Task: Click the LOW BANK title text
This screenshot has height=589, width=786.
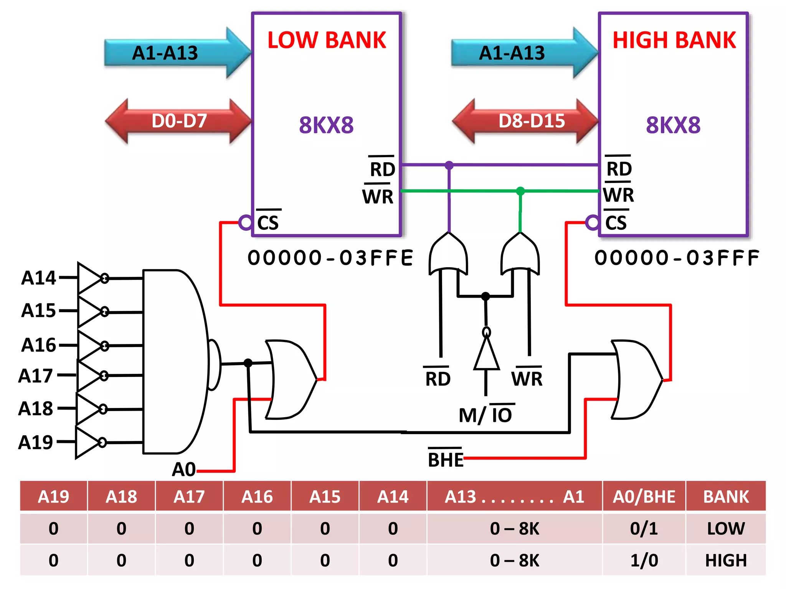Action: [326, 40]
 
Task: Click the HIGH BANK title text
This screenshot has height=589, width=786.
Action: [674, 40]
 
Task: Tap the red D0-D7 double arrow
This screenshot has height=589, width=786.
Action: [179, 121]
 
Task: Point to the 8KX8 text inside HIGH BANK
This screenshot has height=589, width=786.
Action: [673, 125]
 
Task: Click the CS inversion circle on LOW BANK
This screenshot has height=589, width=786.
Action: [245, 222]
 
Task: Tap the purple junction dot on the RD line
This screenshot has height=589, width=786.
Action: [449, 165]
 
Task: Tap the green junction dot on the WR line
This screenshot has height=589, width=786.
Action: [520, 191]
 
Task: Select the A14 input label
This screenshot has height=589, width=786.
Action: [38, 278]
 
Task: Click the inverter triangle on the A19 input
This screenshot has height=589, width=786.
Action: [88, 443]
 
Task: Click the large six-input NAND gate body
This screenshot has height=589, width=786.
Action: [175, 361]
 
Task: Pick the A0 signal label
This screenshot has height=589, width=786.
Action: [183, 469]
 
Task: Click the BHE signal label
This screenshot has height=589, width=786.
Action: [445, 459]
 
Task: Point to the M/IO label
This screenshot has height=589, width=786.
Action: [485, 415]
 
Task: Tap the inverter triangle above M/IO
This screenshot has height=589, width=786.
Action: [486, 355]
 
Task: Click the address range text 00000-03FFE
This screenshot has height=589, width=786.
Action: [330, 258]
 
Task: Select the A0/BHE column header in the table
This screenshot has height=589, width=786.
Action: [644, 497]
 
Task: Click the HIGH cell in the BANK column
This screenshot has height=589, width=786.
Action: [725, 560]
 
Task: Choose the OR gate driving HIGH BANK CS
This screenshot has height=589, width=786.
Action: [635, 379]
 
